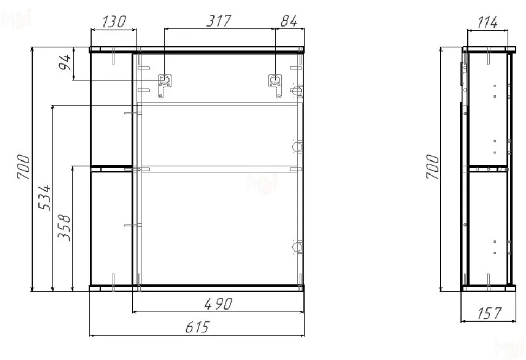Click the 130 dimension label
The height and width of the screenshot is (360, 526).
point(113,22)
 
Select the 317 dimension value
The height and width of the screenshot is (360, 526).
point(219,21)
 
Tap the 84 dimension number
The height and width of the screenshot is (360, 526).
point(289,21)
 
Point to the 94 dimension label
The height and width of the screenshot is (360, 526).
point(65,62)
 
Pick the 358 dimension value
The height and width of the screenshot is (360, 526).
point(64,228)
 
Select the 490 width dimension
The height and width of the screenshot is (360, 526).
point(218,304)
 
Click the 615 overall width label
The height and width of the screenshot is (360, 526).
point(198,327)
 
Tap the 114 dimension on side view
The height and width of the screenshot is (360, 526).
point(488,23)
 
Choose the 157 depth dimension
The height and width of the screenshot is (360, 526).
point(489,313)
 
